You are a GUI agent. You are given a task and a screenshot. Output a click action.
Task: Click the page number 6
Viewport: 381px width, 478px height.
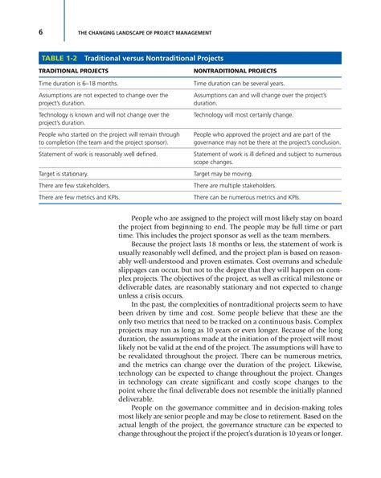pos(41,31)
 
